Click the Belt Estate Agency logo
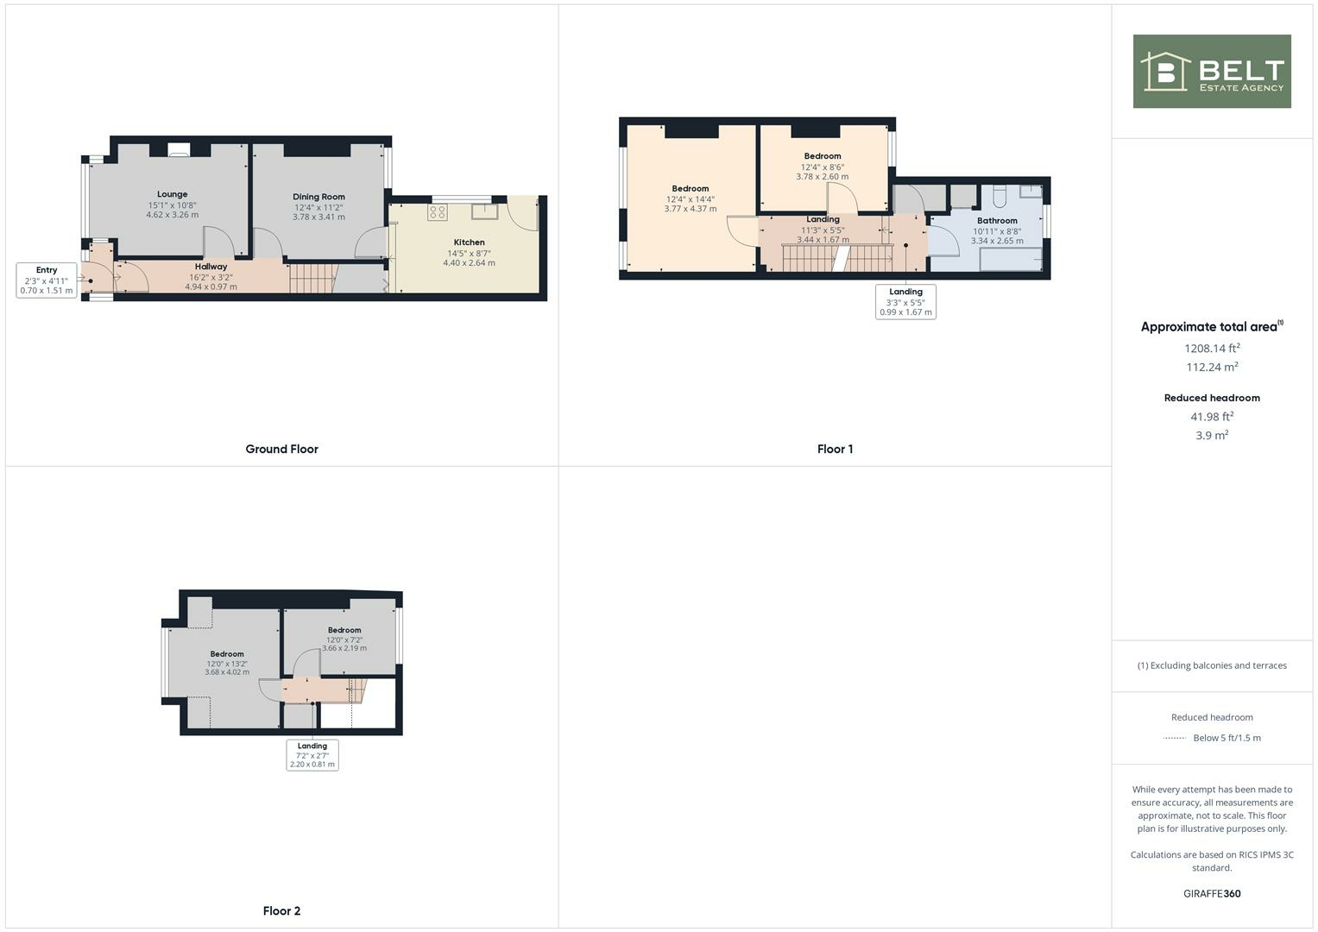point(1211,72)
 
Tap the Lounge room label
point(172,194)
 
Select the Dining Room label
point(318,197)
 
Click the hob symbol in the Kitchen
point(437,211)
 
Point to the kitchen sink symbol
point(484,211)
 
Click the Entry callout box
point(47,280)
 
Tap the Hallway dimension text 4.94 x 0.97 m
point(211,287)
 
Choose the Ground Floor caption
point(281,449)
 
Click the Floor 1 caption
point(835,449)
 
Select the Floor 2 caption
point(281,910)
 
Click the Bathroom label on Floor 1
point(997,221)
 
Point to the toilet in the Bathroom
point(1000,197)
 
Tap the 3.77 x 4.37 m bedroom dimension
point(690,209)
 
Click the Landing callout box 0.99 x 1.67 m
point(905,302)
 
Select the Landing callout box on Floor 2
point(312,755)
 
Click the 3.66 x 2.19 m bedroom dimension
point(344,648)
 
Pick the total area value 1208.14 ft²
point(1212,349)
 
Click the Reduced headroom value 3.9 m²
point(1212,436)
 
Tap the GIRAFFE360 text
point(1212,893)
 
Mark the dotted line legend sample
point(1175,738)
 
